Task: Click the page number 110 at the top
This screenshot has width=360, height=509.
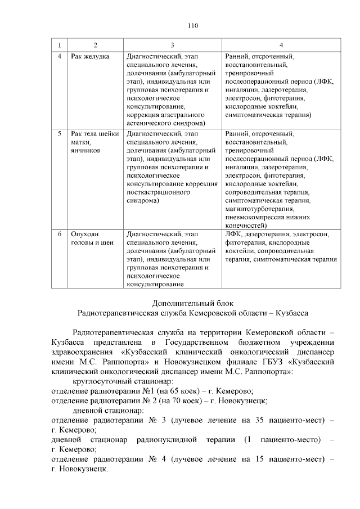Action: click(191, 25)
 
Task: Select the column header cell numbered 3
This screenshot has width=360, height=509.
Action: click(172, 44)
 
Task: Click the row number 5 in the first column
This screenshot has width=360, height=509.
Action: click(60, 134)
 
